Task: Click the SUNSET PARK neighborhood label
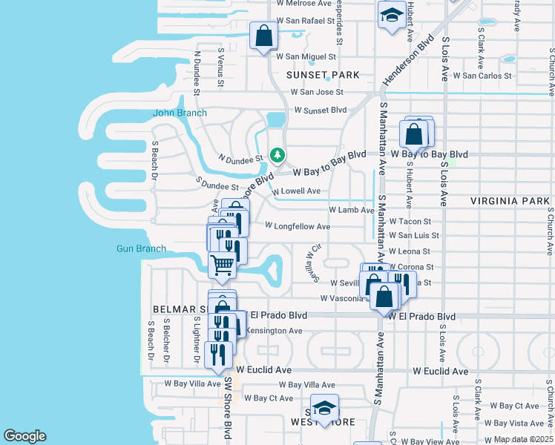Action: [x=324, y=75]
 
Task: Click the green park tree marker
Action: [x=277, y=155]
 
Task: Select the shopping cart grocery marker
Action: [x=222, y=264]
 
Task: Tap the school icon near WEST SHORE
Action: [x=324, y=408]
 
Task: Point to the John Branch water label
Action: [x=180, y=113]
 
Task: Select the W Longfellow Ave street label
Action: [x=297, y=225]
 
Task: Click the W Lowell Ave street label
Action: [x=296, y=191]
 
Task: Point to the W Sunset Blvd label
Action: [x=321, y=110]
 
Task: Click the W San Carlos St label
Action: [x=482, y=75]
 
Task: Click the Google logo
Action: [x=24, y=435]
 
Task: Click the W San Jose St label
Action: [x=317, y=93]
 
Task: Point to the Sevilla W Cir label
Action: [x=315, y=263]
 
